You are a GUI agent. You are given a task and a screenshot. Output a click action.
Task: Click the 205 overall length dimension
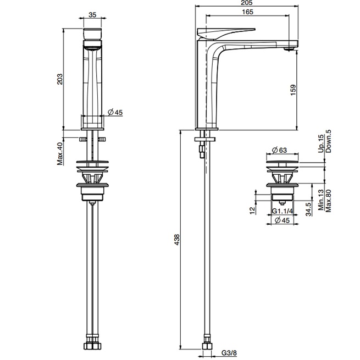click(x=247, y=4)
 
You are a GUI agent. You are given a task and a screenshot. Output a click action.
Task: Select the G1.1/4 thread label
click(x=283, y=211)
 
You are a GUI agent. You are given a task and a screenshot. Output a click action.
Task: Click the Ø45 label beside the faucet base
click(x=115, y=112)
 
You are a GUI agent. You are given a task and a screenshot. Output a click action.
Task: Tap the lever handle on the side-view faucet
click(x=228, y=32)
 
